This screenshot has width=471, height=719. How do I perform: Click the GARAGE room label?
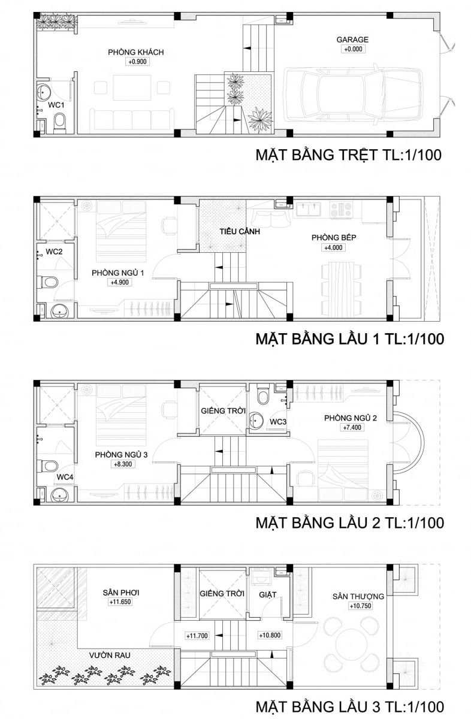pos(352,40)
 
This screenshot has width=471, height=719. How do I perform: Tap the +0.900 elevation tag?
pos(137,62)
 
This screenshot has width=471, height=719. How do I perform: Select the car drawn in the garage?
pos(353,95)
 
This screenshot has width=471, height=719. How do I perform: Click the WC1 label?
pos(56,105)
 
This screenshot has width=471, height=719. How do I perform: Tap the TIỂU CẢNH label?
pos(240,231)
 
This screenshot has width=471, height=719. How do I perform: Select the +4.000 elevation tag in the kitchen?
pos(333,247)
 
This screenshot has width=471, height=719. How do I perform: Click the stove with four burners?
pos(342,209)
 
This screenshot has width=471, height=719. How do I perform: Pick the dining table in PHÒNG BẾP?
pos(342,289)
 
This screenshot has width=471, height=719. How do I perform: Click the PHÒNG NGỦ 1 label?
pos(118,273)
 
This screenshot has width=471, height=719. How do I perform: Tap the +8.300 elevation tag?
pos(123,464)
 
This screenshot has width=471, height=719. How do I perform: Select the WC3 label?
pos(277,422)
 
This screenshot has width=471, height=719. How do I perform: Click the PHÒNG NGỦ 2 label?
pos(351,418)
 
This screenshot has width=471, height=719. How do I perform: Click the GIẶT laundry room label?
pos(267,595)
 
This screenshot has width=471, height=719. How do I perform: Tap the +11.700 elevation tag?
pos(197,636)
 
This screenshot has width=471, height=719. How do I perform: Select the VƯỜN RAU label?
pos(110,655)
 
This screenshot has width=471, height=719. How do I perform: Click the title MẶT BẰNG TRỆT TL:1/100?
pos(348,155)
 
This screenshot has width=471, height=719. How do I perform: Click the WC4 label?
pos(65,477)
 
